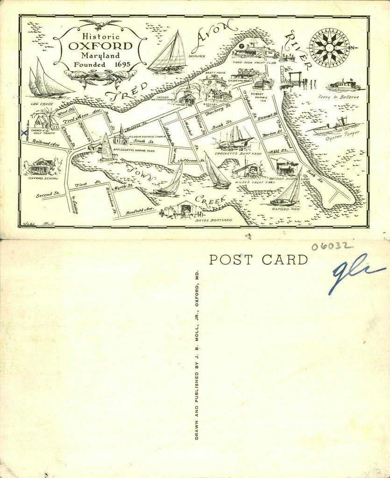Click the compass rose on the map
pyautogui.click(x=329, y=47)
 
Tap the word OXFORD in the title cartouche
pyautogui.click(x=100, y=47)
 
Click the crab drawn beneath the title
pyautogui.click(x=100, y=76)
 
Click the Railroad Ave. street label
pyautogui.click(x=46, y=143)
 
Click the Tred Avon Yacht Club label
pyautogui.click(x=254, y=62)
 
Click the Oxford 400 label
pyautogui.click(x=284, y=209)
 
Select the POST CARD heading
pyautogui.click(x=258, y=260)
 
